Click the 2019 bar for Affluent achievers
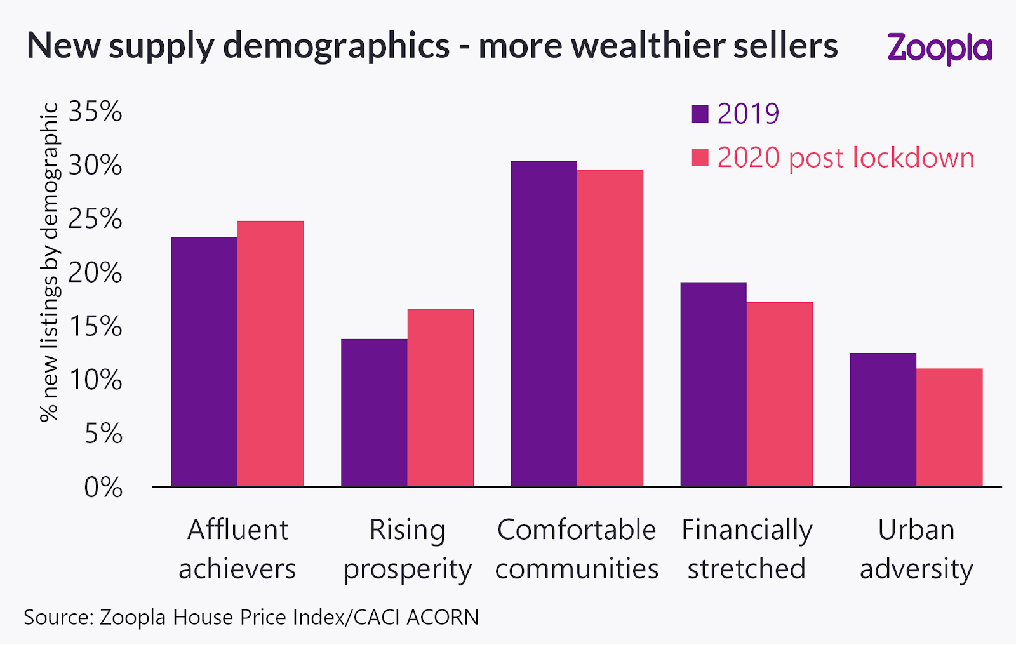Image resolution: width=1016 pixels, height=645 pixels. point(204,362)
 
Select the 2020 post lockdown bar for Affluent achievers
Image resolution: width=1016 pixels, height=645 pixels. point(271,354)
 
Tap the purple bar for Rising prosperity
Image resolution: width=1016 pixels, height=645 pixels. point(374,413)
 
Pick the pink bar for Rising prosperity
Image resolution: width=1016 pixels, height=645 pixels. point(440,397)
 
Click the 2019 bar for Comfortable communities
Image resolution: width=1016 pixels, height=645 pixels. point(544,324)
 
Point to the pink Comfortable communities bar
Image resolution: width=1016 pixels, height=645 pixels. point(610,328)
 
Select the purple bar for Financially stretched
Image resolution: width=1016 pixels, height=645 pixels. point(713,384)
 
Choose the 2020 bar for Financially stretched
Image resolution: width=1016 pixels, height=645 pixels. point(780,394)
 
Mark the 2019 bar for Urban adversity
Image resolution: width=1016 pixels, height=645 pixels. point(883,420)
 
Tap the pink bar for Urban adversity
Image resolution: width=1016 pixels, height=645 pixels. point(949,427)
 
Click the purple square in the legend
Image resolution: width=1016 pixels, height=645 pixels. point(700,114)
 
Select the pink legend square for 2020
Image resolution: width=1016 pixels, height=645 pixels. point(700,157)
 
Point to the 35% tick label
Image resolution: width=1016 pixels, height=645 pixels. point(95,112)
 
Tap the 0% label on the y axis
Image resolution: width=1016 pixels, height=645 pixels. point(103,488)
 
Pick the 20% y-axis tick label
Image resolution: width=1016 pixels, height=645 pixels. point(95,273)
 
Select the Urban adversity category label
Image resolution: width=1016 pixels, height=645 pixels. point(916,549)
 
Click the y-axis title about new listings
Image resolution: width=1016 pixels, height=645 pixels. point(50,262)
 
